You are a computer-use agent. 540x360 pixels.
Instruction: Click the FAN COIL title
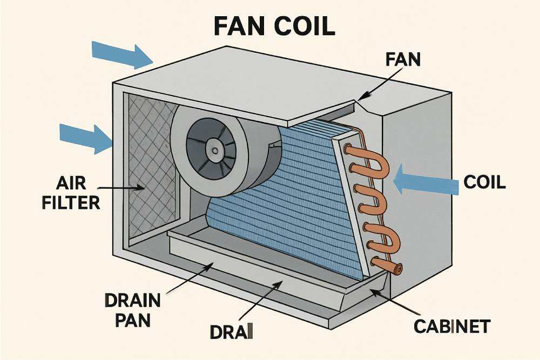270,26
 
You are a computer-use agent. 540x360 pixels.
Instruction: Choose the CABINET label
452,326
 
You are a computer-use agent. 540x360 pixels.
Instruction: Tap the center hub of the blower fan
215,150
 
